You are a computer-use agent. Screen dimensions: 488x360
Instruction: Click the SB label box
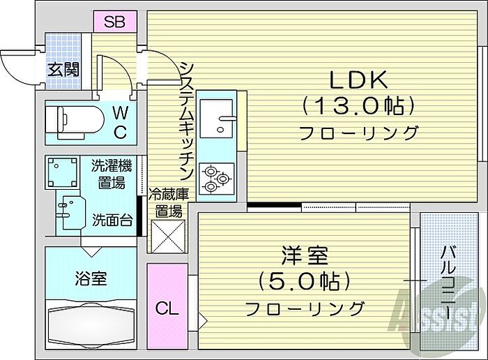point(114,22)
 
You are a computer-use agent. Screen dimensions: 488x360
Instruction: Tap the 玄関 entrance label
point(63,70)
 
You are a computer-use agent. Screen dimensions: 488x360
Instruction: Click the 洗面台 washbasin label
point(112,221)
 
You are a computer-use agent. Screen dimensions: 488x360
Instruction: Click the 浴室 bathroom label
point(91,278)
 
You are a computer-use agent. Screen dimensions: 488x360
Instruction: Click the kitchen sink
point(219,121)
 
